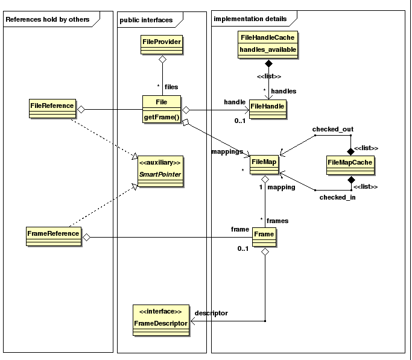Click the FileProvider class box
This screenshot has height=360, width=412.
pyautogui.click(x=162, y=45)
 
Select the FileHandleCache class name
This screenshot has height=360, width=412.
pyautogui.click(x=267, y=37)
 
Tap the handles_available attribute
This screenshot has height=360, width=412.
pyautogui.click(x=268, y=49)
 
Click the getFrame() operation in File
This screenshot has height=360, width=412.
pyautogui.click(x=162, y=117)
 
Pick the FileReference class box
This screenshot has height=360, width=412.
pyautogui.click(x=52, y=109)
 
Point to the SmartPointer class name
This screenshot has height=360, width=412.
pyautogui.click(x=160, y=174)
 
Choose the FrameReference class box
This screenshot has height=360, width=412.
pyautogui.click(x=54, y=236)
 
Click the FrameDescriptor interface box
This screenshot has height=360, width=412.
pyautogui.click(x=161, y=320)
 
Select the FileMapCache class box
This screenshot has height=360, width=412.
pyautogui.click(x=350, y=165)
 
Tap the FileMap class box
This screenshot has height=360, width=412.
pyautogui.click(x=264, y=165)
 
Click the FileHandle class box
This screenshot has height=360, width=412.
pyautogui.click(x=267, y=109)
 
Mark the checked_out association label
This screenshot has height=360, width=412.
pyautogui.click(x=332, y=129)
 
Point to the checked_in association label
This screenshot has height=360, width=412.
pyautogui.click(x=337, y=197)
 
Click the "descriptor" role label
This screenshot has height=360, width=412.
pyautogui.click(x=211, y=313)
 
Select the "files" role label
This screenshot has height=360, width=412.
pyautogui.click(x=171, y=87)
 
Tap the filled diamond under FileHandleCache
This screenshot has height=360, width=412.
pyautogui.click(x=268, y=63)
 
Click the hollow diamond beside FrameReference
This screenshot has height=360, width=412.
pyautogui.click(x=86, y=238)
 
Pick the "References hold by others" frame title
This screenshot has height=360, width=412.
pyautogui.click(x=48, y=19)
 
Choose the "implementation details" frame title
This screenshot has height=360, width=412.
pyautogui.click(x=250, y=19)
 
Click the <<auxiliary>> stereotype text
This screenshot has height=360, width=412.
pyautogui.click(x=160, y=163)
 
